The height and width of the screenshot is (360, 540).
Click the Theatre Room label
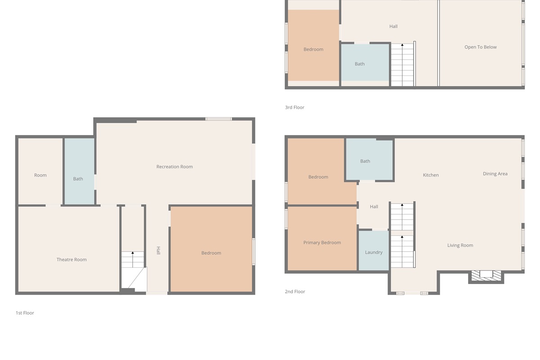point(72,260)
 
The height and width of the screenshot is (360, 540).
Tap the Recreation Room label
point(175,166)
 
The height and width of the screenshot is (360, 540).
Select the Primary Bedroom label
point(322,243)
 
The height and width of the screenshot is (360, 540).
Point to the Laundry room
point(373,251)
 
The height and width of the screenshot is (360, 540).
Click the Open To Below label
point(481,47)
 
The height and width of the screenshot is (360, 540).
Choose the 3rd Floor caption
point(295,107)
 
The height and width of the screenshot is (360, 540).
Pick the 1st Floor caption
point(25,313)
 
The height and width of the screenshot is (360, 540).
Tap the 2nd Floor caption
point(295,292)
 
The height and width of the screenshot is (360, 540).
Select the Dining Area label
point(495,174)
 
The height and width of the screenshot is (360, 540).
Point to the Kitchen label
point(431,175)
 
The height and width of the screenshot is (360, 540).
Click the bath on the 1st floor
point(79,171)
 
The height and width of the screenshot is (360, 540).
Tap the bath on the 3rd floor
point(365,63)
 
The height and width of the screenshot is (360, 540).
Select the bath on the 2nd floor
point(369,160)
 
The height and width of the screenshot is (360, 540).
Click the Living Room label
point(460,245)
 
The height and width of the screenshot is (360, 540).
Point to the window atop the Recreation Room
point(219,119)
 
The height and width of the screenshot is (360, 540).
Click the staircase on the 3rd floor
point(402,65)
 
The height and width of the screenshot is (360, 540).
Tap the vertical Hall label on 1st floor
point(158,251)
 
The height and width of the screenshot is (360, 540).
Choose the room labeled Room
point(40,171)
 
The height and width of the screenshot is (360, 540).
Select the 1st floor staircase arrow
point(133,260)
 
